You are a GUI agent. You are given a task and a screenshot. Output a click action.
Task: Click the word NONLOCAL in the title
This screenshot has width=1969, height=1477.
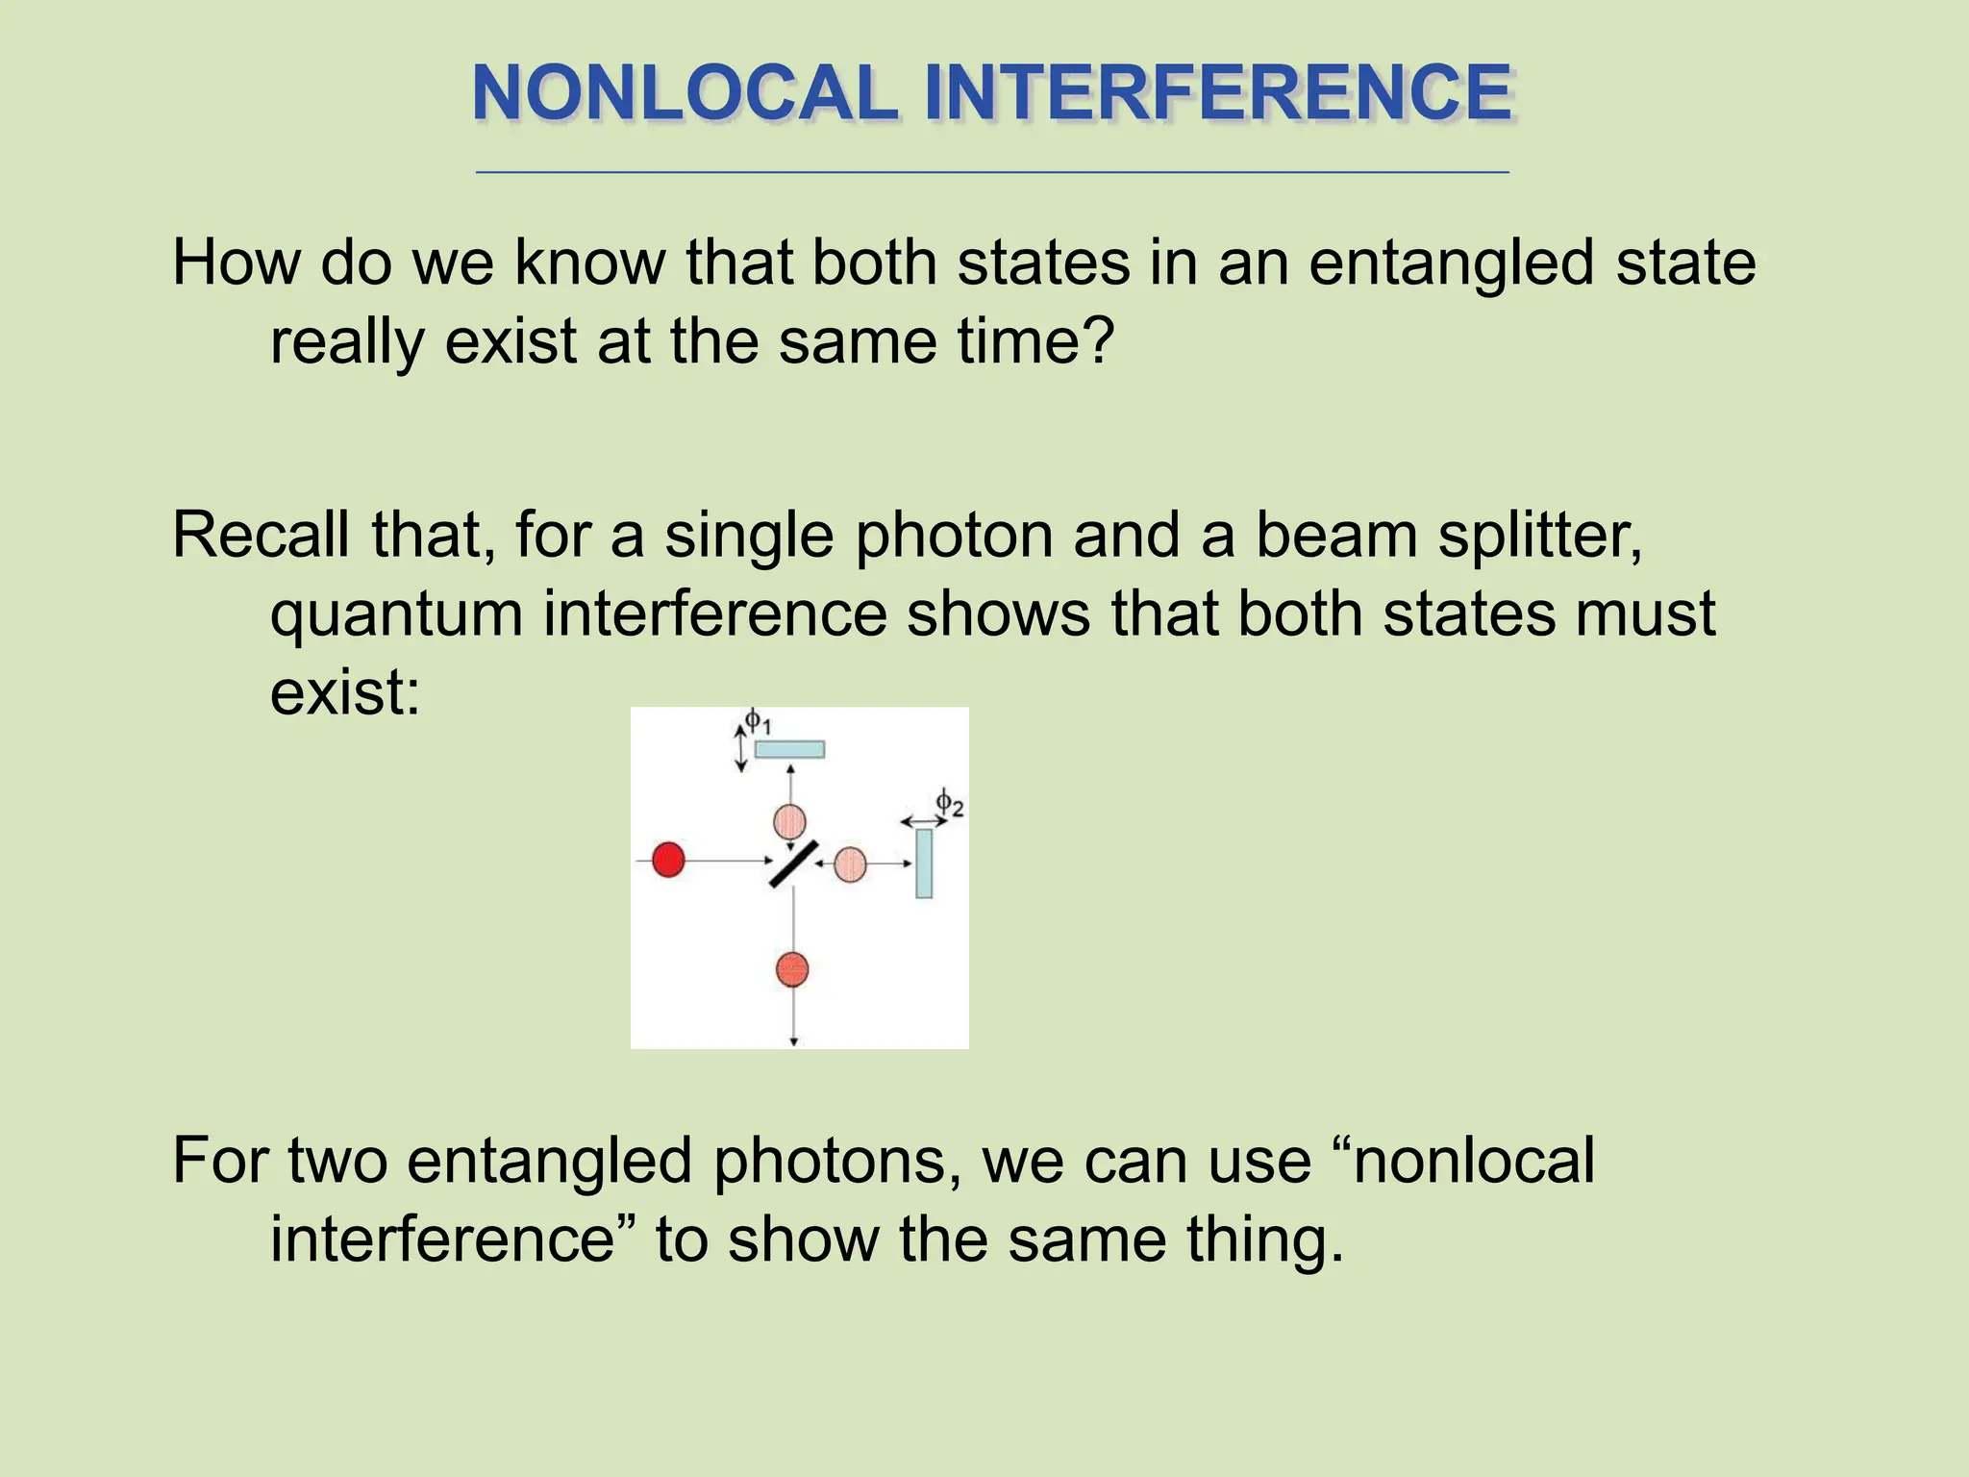685,93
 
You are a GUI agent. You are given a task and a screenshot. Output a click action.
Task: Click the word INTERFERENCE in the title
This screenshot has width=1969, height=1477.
1218,93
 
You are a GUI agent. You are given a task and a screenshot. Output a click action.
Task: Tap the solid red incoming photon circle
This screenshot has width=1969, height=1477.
668,860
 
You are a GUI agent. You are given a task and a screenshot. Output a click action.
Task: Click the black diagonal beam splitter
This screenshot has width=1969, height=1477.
793,864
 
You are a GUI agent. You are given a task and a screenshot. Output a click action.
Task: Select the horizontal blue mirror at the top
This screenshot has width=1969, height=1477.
789,749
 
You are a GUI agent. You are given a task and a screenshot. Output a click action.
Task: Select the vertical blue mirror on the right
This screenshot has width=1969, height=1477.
924,864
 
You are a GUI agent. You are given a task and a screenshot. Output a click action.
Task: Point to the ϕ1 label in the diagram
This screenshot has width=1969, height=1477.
758,720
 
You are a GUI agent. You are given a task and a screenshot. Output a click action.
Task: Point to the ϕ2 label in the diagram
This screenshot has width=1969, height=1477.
950,802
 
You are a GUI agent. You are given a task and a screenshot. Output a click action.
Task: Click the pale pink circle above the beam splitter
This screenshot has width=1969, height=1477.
789,821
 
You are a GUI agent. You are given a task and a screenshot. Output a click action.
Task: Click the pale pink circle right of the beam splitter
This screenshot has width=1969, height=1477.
850,864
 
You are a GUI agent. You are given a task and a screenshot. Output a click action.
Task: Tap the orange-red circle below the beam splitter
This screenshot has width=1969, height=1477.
792,969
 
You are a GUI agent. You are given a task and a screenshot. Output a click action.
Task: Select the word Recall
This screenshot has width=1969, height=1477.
261,535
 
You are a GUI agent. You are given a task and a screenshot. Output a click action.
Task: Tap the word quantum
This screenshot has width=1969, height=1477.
396,615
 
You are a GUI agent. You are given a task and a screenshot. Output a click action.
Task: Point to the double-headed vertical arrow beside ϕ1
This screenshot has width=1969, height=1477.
740,749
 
